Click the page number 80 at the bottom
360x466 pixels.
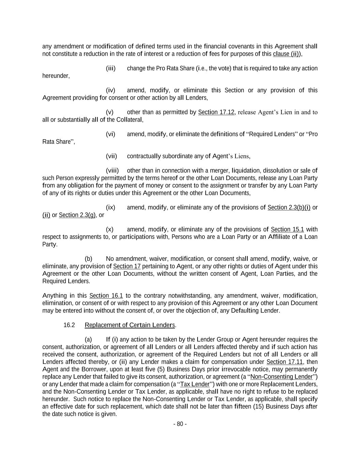tap(180, 424)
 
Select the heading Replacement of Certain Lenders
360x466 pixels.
tap(130, 325)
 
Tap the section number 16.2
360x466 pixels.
tap(69, 325)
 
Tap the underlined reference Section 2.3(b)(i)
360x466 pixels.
tap(289, 208)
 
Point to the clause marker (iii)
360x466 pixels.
tap(111, 68)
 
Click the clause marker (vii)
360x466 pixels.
tap(111, 156)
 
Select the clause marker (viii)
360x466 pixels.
tap(112, 171)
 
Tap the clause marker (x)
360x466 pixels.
tap(110, 229)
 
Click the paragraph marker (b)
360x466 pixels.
tap(88, 259)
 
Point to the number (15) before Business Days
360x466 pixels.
tap(259, 406)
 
